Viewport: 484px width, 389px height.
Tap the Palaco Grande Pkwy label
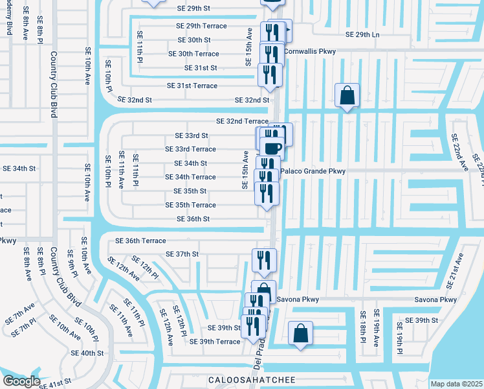pyautogui.click(x=313, y=171)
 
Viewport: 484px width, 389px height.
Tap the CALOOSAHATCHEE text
pyautogui.click(x=252, y=379)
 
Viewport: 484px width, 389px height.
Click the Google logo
pyautogui.click(x=21, y=381)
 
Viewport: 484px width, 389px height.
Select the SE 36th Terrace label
pyautogui.click(x=140, y=241)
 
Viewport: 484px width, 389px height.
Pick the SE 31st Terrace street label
pyautogui.click(x=192, y=86)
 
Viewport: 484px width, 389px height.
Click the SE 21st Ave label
pyautogui.click(x=457, y=271)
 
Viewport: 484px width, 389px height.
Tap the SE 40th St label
pyautogui.click(x=87, y=353)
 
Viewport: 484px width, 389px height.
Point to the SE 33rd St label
pyautogui.click(x=192, y=136)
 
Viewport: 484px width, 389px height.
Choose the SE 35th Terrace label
pyautogui.click(x=190, y=205)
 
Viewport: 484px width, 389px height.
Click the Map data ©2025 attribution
pyautogui.click(x=456, y=384)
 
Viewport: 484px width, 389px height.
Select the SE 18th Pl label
pyautogui.click(x=363, y=332)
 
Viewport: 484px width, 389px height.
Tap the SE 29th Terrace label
pyautogui.click(x=201, y=26)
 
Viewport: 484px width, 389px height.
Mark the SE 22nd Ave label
pyautogui.click(x=459, y=152)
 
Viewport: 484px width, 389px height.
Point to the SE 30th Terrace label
pyautogui.click(x=198, y=54)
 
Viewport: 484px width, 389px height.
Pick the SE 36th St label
pyautogui.click(x=193, y=219)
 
